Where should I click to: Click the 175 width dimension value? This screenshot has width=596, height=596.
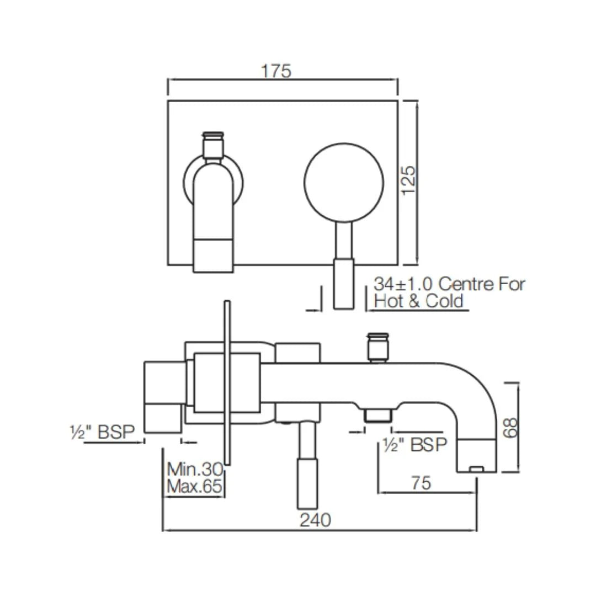[x=276, y=72]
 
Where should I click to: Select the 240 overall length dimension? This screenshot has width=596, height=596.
[x=316, y=520]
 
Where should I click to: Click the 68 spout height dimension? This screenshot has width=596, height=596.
[x=512, y=427]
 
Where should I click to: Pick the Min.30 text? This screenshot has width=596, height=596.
[x=195, y=470]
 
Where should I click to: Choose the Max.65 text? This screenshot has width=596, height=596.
[x=195, y=487]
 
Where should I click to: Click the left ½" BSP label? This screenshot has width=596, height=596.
[x=103, y=432]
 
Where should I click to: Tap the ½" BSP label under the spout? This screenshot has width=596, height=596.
[x=414, y=444]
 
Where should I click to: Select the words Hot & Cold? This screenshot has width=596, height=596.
[x=419, y=301]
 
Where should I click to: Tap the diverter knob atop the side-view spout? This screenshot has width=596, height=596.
[x=379, y=347]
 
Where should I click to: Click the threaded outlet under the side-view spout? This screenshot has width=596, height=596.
[x=378, y=416]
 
